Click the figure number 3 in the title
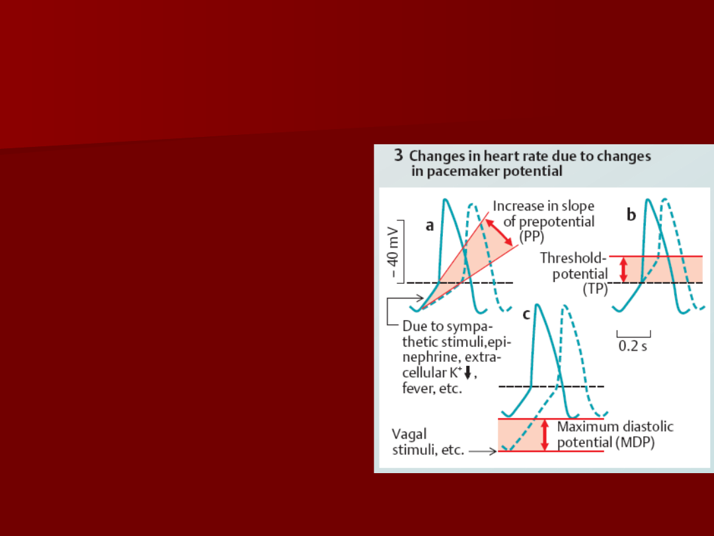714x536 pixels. [399, 156]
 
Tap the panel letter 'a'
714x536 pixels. [430, 226]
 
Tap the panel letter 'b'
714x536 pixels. [631, 214]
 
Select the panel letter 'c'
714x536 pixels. [526, 314]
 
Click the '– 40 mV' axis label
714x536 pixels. [393, 253]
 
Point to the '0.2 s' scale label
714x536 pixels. [633, 346]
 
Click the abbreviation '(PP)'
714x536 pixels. [532, 237]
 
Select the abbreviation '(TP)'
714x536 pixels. [595, 289]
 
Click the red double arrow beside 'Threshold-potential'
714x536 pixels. [624, 269]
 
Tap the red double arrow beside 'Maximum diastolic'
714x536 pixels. [545, 435]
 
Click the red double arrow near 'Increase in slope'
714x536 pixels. [499, 232]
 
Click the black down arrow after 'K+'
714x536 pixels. [467, 373]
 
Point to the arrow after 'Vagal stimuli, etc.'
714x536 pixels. [483, 451]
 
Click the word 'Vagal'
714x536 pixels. [409, 434]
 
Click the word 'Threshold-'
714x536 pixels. [573, 258]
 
